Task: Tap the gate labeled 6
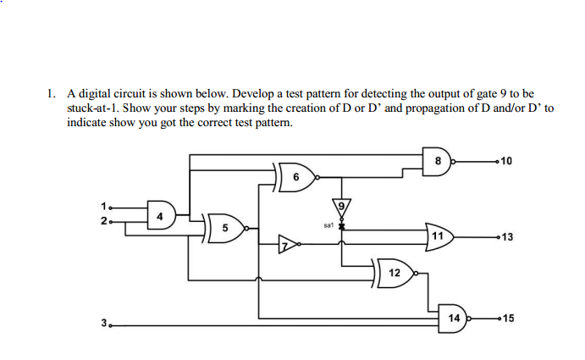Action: tap(296, 177)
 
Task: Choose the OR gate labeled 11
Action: tap(440, 235)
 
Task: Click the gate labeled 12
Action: tap(395, 272)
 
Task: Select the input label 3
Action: tap(104, 322)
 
